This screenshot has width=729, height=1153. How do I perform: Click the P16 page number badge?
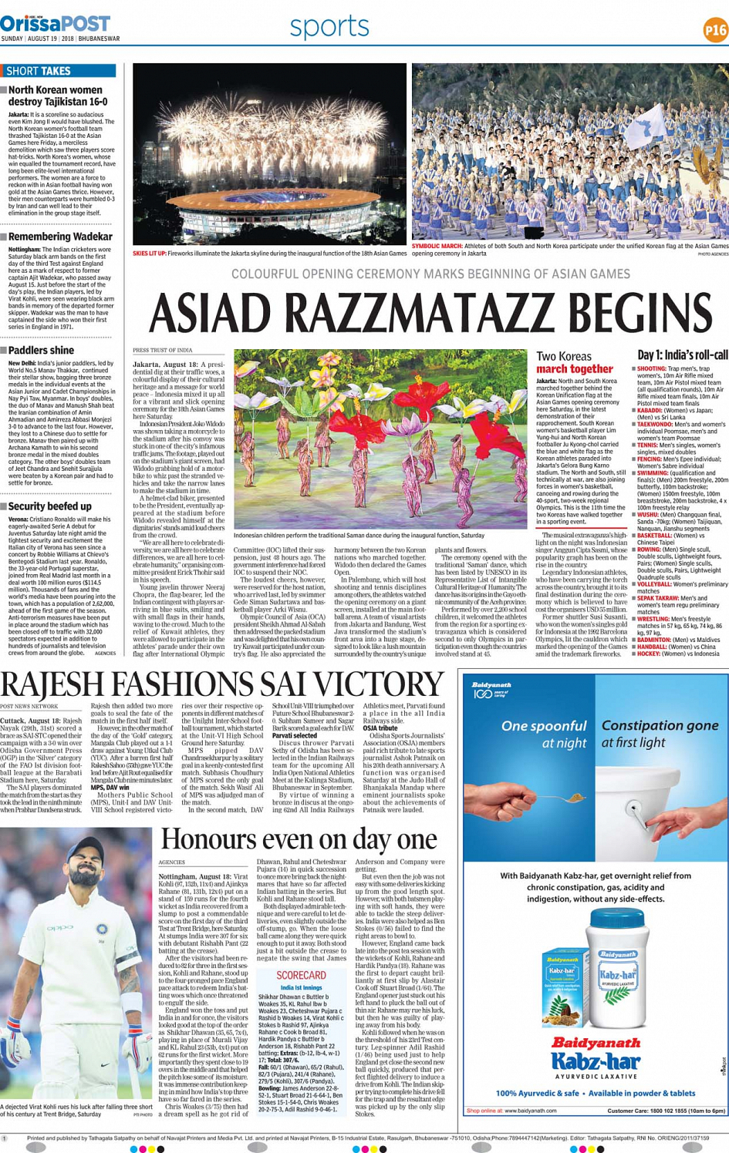(715, 29)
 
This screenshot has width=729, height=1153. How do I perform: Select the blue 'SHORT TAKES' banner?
(59, 71)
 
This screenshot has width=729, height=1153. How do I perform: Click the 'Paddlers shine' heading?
(42, 350)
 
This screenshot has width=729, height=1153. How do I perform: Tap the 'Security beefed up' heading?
(50, 506)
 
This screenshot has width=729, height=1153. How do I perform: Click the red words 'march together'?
(575, 369)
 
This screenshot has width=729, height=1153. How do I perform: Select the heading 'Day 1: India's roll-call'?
(682, 355)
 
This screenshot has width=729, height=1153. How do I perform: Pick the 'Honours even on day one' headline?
(299, 839)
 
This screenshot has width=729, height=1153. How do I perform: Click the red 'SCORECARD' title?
(301, 975)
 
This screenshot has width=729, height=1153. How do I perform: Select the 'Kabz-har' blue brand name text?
(595, 1064)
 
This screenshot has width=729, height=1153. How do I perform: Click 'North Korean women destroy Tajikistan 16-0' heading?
(57, 96)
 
